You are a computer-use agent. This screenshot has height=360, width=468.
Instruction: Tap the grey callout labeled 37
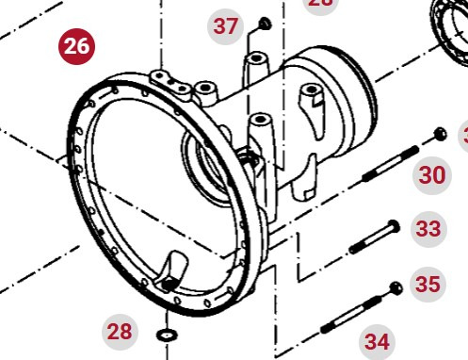(x=226, y=25)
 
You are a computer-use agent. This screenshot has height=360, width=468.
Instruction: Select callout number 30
(x=432, y=174)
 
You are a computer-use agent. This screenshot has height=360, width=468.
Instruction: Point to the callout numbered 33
(x=428, y=229)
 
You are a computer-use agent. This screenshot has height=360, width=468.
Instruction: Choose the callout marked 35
(x=428, y=284)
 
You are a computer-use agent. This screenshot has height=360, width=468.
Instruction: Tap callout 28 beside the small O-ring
(x=121, y=331)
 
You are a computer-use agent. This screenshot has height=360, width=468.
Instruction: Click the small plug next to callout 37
(x=263, y=23)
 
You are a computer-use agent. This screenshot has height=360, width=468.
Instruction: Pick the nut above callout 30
(x=439, y=133)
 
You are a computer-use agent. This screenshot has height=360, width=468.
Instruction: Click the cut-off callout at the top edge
(x=321, y=3)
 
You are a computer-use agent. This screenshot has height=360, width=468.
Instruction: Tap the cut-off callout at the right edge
(x=463, y=136)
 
